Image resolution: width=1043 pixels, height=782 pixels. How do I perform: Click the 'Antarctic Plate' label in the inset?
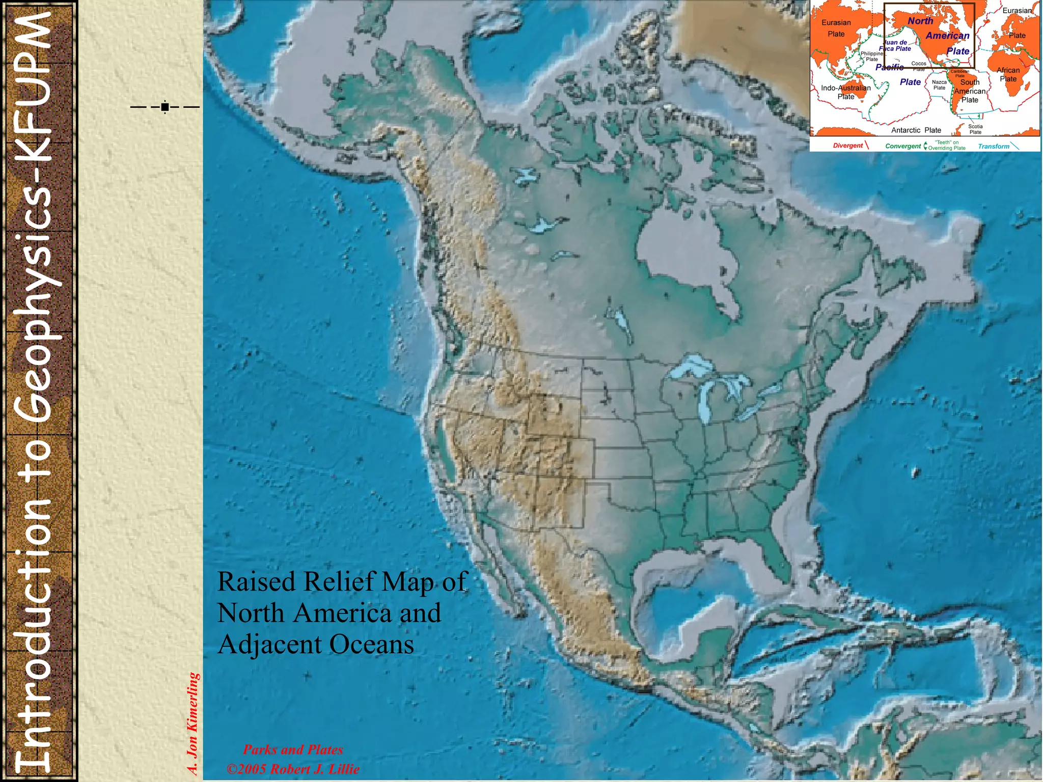point(916,130)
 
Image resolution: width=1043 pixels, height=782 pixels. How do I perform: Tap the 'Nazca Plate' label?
point(939,85)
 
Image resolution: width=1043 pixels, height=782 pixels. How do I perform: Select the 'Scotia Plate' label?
point(975,129)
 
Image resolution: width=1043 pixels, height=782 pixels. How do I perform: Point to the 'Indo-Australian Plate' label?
point(846,92)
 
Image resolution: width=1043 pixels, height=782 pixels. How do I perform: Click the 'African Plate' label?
point(1008,74)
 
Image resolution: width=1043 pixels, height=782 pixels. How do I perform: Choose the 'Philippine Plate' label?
point(872,56)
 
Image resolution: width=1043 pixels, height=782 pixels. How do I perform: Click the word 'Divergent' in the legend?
point(848,146)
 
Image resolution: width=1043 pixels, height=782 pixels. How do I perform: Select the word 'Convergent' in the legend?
point(903,146)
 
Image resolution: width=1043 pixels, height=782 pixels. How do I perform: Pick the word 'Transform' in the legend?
point(993,146)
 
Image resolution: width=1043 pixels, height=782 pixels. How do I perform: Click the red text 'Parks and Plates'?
point(293,749)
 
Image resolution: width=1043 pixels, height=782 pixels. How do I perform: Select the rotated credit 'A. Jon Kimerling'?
point(193,723)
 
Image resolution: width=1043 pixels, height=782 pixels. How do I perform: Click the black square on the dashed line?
point(164,107)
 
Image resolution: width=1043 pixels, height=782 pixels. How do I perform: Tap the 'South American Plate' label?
point(970,91)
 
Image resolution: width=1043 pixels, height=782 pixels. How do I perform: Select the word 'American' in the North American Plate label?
point(947,36)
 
